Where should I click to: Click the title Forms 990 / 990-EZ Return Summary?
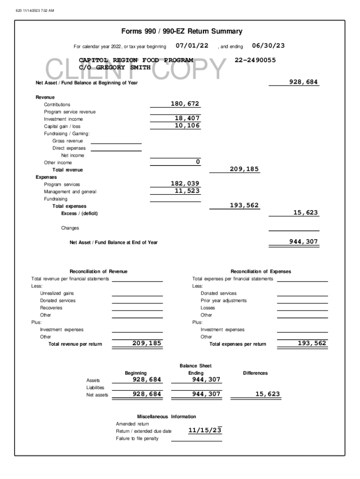tap(182, 31)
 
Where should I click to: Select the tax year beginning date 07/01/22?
tap(192, 46)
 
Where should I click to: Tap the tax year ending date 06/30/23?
tap(268, 46)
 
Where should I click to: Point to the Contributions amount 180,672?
tap(185, 104)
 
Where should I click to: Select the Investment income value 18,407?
tap(187, 119)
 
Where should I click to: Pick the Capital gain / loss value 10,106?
tap(187, 126)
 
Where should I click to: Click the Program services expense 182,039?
tap(185, 184)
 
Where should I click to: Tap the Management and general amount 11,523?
tap(187, 191)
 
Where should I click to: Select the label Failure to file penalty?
tap(137, 438)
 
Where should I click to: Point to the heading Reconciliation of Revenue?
tap(98, 271)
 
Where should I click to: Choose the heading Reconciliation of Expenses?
tap(260, 271)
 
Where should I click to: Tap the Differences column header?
tap(255, 373)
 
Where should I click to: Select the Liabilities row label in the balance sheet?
tap(95, 387)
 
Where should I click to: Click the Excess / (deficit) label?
tap(79, 213)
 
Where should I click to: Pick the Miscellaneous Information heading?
tap(166, 416)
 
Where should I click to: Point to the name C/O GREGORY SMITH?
tap(115, 68)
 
